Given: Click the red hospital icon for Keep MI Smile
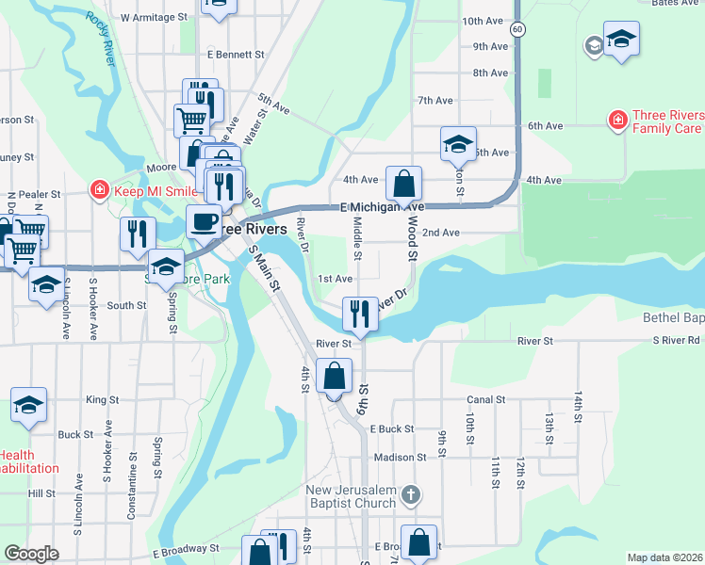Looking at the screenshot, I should point(99,190).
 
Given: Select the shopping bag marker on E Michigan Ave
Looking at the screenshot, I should point(403,184).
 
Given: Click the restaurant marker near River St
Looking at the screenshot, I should point(359,315).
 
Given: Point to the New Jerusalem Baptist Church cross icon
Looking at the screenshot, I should point(410,494).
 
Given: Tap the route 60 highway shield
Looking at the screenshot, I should point(517,29).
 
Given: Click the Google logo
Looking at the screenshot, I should point(31,554).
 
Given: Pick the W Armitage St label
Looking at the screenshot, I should point(154,17).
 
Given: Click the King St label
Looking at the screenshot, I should point(101,399).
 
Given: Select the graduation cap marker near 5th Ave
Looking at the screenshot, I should point(458,144).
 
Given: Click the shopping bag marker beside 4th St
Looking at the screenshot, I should point(335,377).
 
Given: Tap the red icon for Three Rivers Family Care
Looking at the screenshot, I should point(617,121).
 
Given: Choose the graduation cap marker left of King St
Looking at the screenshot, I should point(28,405).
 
